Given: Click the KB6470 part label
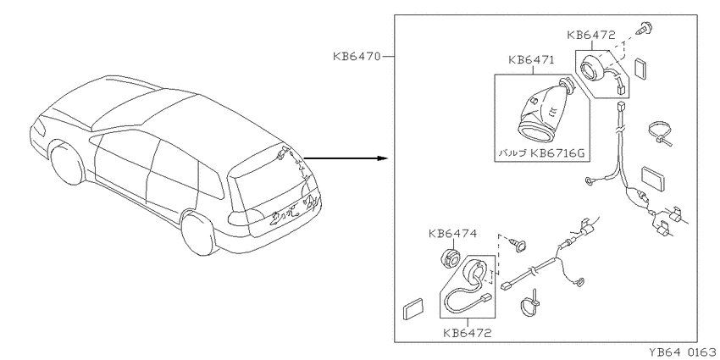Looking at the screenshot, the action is [357, 57].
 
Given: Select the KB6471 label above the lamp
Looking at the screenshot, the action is [531, 60].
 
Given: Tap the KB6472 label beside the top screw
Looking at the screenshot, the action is [591, 35].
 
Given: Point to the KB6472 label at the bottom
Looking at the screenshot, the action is [468, 332].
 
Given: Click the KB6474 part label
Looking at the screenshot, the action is [453, 233].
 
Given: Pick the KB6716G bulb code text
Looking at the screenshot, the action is [557, 153].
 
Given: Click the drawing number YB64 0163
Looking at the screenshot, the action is [684, 352].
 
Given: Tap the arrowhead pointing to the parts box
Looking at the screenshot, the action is [384, 158].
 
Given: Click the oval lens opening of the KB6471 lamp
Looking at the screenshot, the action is [536, 132].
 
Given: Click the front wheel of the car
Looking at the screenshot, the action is [67, 163].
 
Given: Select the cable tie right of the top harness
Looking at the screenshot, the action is [661, 134].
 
